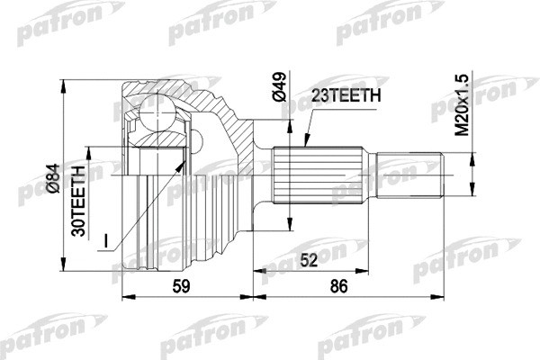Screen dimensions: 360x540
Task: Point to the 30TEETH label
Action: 79,200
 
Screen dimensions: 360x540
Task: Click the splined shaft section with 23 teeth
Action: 325,175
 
